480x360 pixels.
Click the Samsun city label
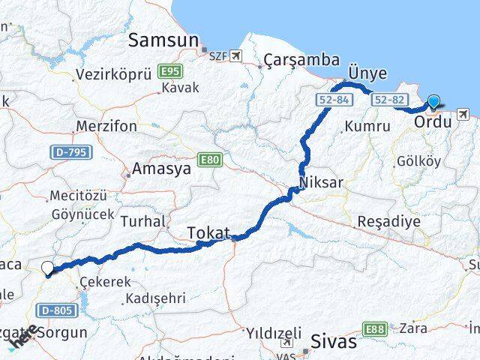coord(163,40)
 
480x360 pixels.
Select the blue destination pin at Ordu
coord(433,103)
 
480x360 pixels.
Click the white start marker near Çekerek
coord(48,268)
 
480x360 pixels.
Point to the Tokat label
coord(208,232)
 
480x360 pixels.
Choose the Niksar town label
coord(322,183)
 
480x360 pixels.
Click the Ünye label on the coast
coord(367,73)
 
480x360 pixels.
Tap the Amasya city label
coord(161,170)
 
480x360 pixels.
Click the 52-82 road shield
coord(388,99)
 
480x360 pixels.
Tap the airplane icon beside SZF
coord(238,55)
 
